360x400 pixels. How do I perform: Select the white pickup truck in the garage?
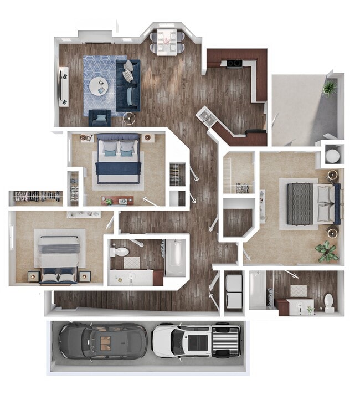click(x=196, y=339)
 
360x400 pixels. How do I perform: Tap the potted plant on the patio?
click(x=330, y=88)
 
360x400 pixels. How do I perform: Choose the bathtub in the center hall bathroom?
click(x=175, y=258)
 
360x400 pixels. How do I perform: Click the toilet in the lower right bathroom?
click(x=328, y=302)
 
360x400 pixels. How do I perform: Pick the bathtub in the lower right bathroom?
click(x=257, y=289)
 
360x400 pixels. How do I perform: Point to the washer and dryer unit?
click(x=234, y=290)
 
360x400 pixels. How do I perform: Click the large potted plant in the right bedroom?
click(x=326, y=252)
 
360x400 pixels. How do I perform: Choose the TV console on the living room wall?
click(x=64, y=86)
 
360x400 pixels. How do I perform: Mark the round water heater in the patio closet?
click(x=332, y=155)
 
